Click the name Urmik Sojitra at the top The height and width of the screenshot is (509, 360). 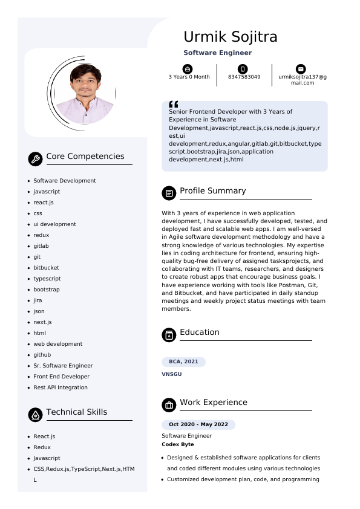pyautogui.click(x=230, y=37)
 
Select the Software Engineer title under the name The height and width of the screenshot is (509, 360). pyautogui.click(x=217, y=53)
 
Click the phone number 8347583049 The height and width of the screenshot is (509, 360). pyautogui.click(x=244, y=77)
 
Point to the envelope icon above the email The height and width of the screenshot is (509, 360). pyautogui.click(x=301, y=69)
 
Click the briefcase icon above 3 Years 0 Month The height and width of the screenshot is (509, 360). pyautogui.click(x=188, y=69)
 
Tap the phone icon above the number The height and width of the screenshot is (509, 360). pyautogui.click(x=243, y=69)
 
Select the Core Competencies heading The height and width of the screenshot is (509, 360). pyautogui.click(x=85, y=157)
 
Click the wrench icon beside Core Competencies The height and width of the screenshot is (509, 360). pyautogui.click(x=35, y=159)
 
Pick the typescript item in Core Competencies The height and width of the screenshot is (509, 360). pyautogui.click(x=47, y=279)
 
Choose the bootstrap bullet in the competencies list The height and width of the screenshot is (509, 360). pyautogui.click(x=47, y=290)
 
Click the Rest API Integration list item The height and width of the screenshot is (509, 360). pyautogui.click(x=61, y=387)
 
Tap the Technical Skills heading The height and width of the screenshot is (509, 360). pyautogui.click(x=76, y=412)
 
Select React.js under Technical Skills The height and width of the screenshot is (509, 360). pyautogui.click(x=44, y=436)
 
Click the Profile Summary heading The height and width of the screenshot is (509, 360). pyautogui.click(x=212, y=191)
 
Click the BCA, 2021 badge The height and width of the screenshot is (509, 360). pyautogui.click(x=183, y=361)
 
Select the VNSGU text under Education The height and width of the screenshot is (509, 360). pyautogui.click(x=172, y=374)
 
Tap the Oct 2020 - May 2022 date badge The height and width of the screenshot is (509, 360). pyautogui.click(x=198, y=424)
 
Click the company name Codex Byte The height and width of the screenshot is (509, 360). pyautogui.click(x=178, y=444)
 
